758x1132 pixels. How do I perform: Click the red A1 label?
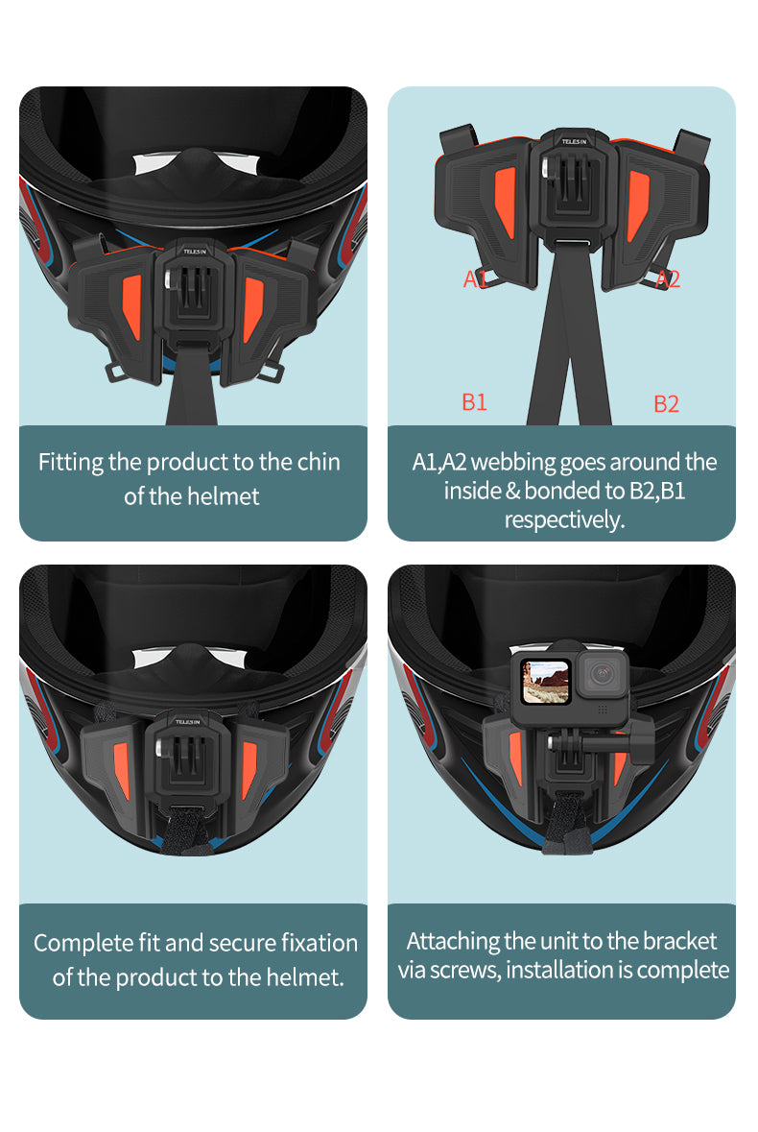click(475, 279)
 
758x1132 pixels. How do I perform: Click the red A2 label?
click(668, 279)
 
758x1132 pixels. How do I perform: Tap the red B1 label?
click(475, 402)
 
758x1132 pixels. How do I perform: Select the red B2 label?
click(666, 404)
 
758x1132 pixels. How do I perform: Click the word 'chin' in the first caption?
click(319, 462)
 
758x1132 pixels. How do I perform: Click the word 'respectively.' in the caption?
click(564, 519)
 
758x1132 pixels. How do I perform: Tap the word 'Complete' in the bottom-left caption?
click(83, 943)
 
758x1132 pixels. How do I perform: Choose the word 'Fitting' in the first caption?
click(70, 462)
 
